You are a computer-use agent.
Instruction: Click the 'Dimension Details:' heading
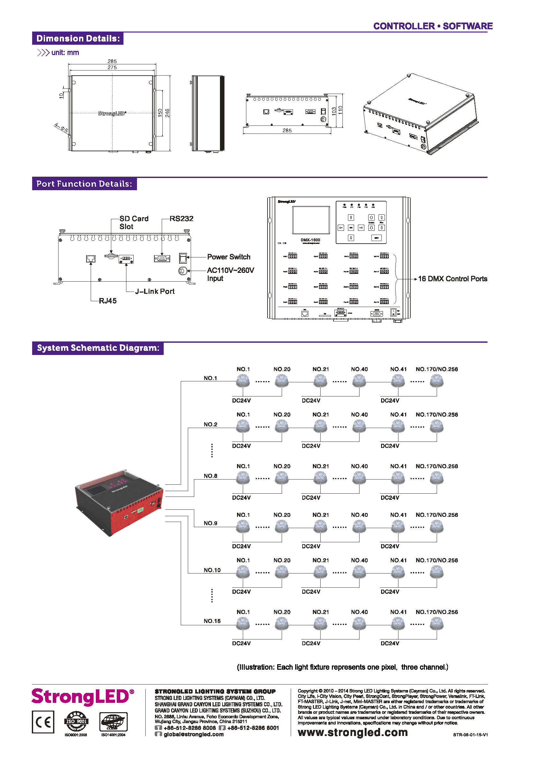coord(78,38)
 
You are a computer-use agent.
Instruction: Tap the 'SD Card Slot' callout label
coord(134,222)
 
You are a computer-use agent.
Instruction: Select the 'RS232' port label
coord(181,219)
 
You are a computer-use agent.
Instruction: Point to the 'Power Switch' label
coord(229,257)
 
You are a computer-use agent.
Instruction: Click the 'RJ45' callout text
coord(107,301)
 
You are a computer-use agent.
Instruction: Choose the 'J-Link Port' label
coord(155,291)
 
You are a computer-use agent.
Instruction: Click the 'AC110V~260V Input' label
coord(230,274)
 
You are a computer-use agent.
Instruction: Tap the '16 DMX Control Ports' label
coord(452,279)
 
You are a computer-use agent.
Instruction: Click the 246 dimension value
coord(167,113)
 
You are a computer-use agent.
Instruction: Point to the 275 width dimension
coord(112,67)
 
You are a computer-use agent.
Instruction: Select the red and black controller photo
coord(120,502)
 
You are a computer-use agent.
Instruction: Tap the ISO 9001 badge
coord(77,721)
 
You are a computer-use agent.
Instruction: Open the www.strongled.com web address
coord(352,732)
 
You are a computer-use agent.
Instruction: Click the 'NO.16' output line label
coord(212,620)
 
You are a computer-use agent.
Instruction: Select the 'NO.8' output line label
coord(210,476)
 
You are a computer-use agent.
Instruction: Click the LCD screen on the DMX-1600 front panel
coord(311,219)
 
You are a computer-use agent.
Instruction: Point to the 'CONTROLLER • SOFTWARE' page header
coord(433,26)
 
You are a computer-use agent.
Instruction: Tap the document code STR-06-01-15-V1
coord(470,735)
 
